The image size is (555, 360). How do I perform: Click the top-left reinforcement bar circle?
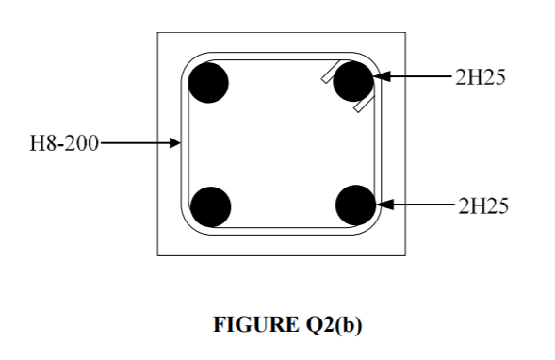[208, 83]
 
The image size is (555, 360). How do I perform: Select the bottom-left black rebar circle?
[210, 206]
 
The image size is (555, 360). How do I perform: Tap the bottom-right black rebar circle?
[355, 205]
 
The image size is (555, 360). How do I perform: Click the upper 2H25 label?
[480, 78]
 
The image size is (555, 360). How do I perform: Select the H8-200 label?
[64, 144]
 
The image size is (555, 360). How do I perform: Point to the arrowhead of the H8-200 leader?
[177, 144]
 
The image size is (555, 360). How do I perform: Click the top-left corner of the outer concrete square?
[157, 33]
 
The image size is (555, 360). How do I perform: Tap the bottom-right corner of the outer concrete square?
[405, 254]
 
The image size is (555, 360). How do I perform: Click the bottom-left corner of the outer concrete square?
[157, 254]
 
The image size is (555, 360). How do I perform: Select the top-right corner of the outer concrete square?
[405, 33]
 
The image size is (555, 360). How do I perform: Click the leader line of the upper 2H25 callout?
[419, 76]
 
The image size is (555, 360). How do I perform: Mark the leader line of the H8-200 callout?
[137, 144]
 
